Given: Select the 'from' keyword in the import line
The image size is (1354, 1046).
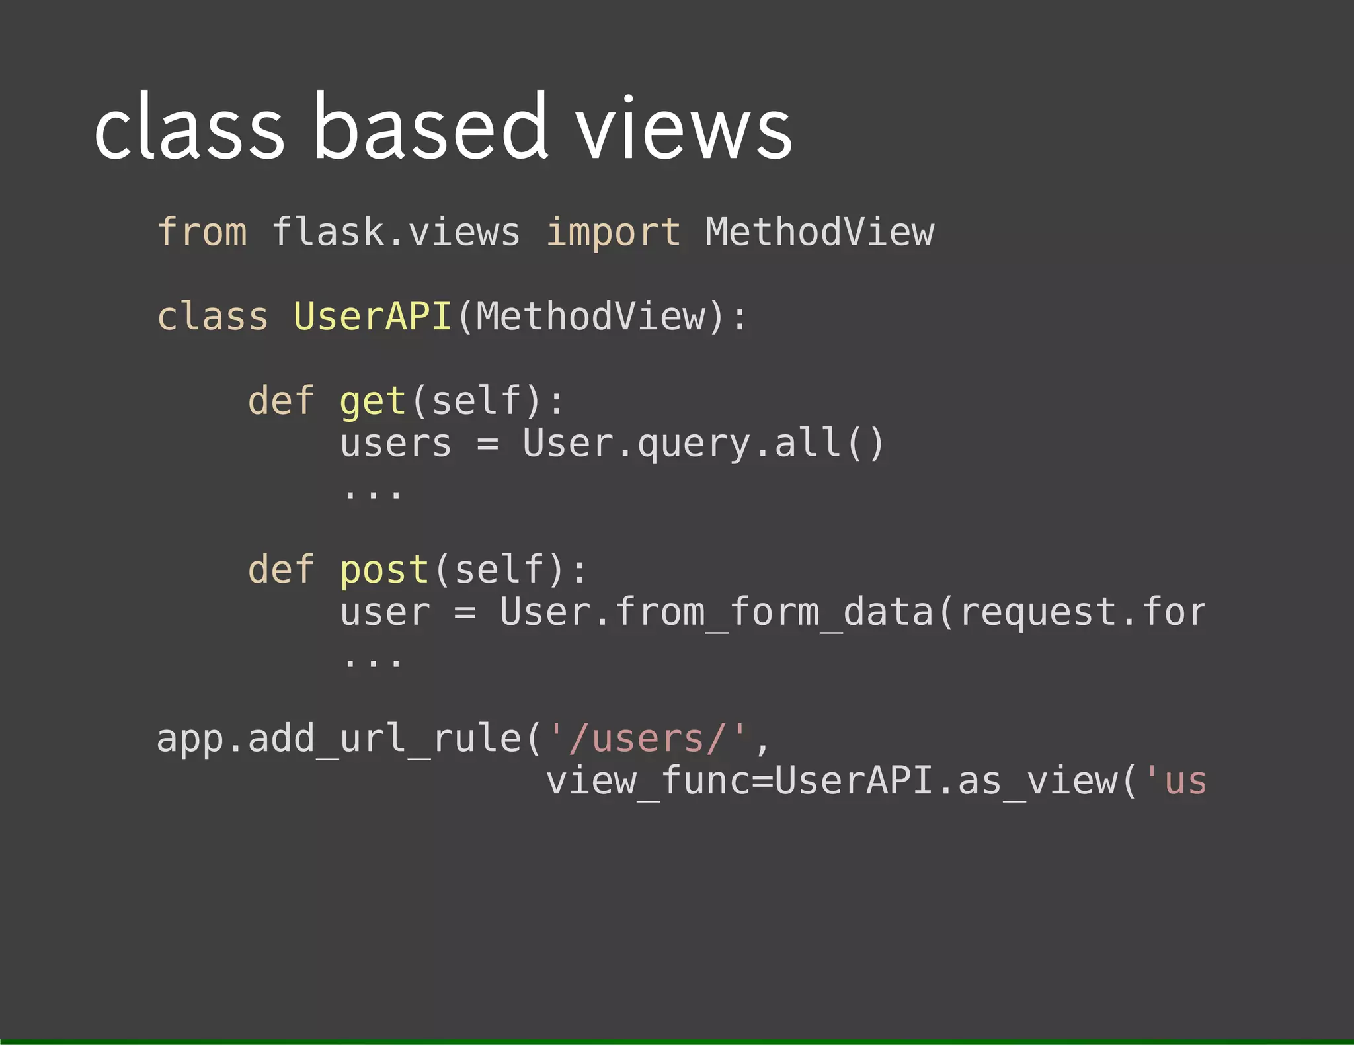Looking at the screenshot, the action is pyautogui.click(x=202, y=232).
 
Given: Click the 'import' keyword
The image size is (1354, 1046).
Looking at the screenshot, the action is pyautogui.click(x=613, y=233).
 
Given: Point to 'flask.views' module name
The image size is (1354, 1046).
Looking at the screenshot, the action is pyautogui.click(x=396, y=232).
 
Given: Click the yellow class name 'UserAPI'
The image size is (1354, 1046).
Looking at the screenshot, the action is pyautogui.click(x=372, y=316).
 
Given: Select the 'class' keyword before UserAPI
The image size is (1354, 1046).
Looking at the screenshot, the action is pyautogui.click(x=212, y=316).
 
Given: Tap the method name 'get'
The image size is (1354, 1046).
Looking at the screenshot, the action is pyautogui.click(x=372, y=401).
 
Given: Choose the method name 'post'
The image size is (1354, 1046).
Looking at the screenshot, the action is pyautogui.click(x=384, y=570).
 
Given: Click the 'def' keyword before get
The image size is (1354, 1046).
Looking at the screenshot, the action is pyautogui.click(x=281, y=401).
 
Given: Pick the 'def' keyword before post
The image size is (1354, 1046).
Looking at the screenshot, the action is pyautogui.click(x=281, y=569).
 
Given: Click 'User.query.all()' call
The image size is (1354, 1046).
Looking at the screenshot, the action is pyautogui.click(x=703, y=443).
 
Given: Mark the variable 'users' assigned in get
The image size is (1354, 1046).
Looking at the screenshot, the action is pyautogui.click(x=395, y=443).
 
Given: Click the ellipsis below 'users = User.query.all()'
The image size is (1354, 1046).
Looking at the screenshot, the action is pyautogui.click(x=373, y=492).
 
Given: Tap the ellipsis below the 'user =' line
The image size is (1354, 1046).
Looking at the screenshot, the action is pyautogui.click(x=373, y=661).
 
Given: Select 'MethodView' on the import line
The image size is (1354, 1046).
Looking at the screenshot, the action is pyautogui.click(x=819, y=232).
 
